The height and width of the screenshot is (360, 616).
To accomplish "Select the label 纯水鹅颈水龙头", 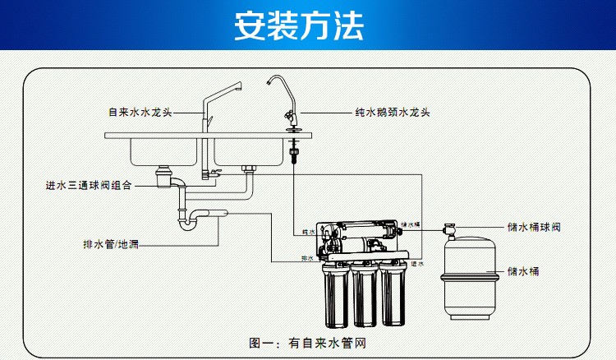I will point(393,112).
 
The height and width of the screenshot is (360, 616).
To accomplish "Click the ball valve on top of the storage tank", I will point(451,227).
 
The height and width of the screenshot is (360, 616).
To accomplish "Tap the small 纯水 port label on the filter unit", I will point(309,233).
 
